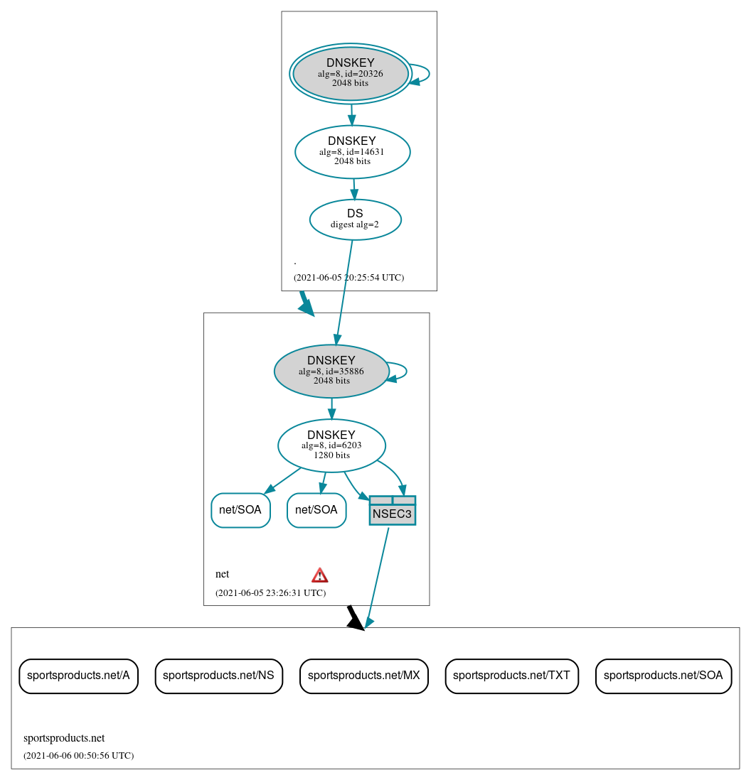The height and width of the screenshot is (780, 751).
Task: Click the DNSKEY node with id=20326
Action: (350, 73)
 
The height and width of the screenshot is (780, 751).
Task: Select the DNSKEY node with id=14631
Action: (352, 151)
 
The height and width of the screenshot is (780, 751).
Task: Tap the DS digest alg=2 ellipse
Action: (355, 220)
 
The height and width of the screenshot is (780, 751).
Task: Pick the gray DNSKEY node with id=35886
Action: (331, 371)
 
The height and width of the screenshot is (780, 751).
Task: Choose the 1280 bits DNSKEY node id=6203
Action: (331, 445)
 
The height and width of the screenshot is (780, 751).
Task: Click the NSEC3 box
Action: (392, 511)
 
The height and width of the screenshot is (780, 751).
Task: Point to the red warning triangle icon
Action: (320, 575)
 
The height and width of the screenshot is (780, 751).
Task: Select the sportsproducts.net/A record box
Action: (78, 676)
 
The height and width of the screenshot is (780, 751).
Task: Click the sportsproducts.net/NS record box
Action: (219, 676)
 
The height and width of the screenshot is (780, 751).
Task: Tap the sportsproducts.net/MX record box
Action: (363, 676)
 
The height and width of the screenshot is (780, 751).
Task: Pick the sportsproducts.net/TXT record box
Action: (511, 676)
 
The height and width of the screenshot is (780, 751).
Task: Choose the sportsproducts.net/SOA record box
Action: (663, 676)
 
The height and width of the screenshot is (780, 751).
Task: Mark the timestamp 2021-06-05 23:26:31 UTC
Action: (270, 592)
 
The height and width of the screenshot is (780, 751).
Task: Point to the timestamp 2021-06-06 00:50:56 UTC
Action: (78, 756)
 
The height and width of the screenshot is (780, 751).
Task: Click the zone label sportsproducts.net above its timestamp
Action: (64, 738)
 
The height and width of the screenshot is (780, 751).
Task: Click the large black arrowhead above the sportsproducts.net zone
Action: (354, 619)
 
